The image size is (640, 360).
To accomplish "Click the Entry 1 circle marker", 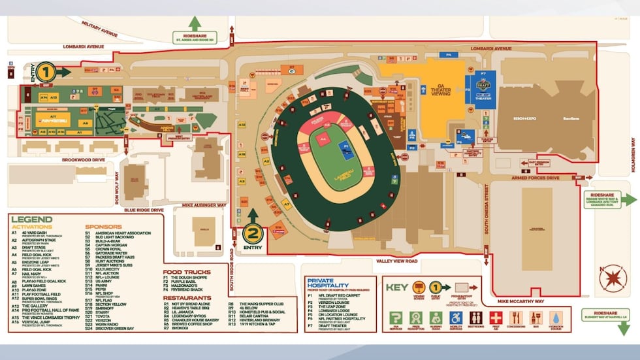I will tap(45, 71).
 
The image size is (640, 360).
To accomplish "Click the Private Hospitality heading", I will tap(333, 282).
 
